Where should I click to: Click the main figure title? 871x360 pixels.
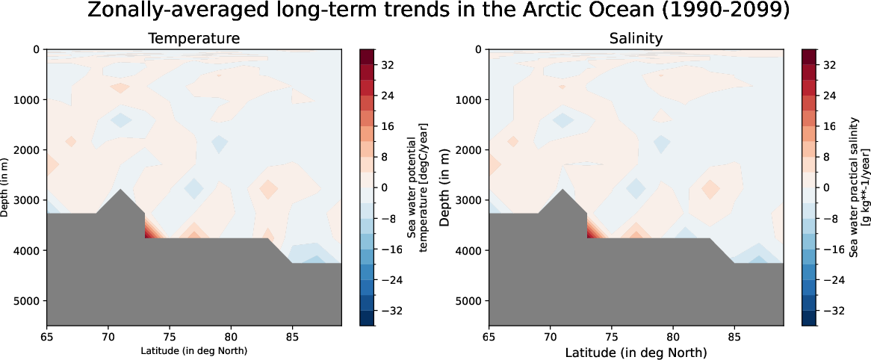(435, 12)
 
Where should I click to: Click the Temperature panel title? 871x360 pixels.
(193, 38)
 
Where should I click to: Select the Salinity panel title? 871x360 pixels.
(636, 38)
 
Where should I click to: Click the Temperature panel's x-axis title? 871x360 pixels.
(193, 350)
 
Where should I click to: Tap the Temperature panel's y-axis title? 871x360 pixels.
(5, 187)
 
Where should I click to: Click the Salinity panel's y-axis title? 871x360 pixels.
(447, 187)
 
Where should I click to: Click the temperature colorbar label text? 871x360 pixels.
(417, 187)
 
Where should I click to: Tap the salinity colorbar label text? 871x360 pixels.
(859, 187)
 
